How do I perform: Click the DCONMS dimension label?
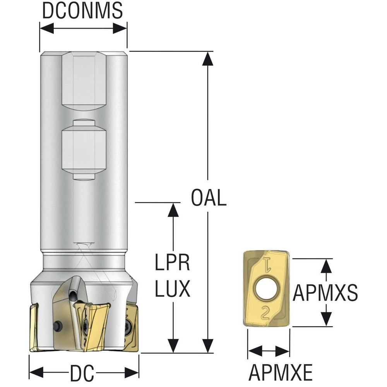[x=82, y=10]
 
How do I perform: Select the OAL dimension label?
[x=209, y=198]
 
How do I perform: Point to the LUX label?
[x=173, y=288]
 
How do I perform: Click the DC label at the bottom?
[x=82, y=373]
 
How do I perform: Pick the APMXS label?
[x=325, y=293]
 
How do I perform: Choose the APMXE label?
[x=281, y=372]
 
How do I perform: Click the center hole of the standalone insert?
[x=267, y=288]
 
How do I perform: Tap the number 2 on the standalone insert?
[x=265, y=312]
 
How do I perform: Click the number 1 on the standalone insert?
[x=267, y=264]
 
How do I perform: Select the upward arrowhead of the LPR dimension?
[x=173, y=209]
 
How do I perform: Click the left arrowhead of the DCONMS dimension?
[x=47, y=28]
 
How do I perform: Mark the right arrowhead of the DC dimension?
[x=132, y=372]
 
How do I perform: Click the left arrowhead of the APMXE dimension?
[x=255, y=351]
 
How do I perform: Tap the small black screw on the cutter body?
[x=58, y=325]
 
